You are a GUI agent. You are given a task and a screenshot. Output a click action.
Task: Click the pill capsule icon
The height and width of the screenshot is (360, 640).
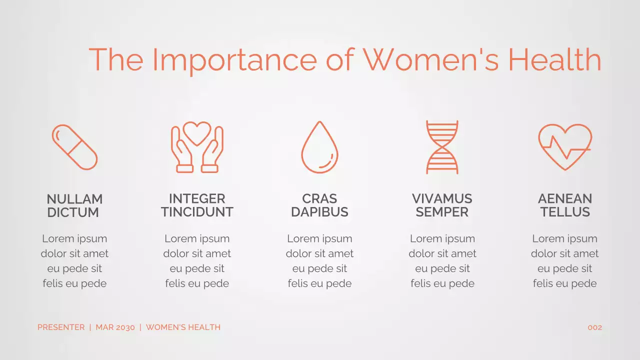74,147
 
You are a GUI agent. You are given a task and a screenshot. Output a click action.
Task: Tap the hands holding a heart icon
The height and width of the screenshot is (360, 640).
197,148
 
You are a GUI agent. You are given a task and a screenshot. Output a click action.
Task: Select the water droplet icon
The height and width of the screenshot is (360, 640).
319,147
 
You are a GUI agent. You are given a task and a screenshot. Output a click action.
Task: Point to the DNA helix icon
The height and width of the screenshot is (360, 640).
442,147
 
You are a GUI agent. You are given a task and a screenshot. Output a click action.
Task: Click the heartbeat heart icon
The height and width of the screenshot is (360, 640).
564,147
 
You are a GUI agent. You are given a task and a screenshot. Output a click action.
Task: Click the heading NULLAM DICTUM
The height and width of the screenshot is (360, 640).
74,205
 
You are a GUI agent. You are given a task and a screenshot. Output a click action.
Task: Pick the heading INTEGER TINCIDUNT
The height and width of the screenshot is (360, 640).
197,205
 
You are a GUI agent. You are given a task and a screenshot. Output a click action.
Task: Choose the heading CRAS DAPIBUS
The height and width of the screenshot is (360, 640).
319,205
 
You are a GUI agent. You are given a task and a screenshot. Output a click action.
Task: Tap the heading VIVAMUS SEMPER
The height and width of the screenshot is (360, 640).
442,205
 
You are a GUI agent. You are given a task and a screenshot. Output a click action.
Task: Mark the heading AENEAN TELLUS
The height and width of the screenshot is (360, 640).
564,205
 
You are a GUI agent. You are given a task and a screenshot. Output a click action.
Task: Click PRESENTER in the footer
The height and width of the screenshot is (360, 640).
61,327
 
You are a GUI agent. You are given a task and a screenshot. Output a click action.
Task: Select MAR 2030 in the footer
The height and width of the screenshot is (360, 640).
115,327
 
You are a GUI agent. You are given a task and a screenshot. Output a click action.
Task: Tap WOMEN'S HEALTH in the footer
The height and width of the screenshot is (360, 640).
183,327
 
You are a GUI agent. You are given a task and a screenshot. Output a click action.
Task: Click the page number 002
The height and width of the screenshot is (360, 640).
594,328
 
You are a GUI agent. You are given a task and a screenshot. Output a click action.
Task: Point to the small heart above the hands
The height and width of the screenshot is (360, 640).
197,132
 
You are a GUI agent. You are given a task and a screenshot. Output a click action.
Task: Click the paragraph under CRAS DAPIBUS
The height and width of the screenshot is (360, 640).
319,261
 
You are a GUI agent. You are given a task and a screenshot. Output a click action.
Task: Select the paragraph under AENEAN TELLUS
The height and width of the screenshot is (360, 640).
564,261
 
